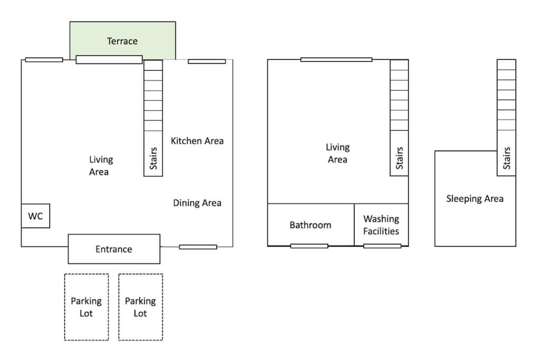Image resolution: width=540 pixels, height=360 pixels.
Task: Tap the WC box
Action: point(35,216)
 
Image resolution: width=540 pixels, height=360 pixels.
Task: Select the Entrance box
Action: point(114,249)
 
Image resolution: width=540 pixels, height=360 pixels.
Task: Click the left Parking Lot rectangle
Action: point(86,307)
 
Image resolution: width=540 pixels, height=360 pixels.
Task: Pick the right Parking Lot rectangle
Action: point(140,307)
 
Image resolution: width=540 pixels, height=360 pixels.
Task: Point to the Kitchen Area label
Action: point(197,141)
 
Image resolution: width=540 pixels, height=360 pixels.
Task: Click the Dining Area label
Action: point(197,203)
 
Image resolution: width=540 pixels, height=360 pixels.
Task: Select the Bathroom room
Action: point(311,225)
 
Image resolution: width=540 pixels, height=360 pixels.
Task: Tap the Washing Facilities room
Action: point(381,225)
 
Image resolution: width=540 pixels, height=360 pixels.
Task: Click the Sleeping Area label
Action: point(475,199)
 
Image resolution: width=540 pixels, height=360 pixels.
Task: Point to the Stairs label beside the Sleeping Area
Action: point(507,158)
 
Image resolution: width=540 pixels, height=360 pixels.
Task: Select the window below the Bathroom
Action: point(309,246)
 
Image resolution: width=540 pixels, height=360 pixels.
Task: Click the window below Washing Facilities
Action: point(382,246)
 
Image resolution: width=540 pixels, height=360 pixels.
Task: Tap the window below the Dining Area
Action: point(198,247)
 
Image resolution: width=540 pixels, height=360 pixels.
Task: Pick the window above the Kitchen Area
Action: point(207,61)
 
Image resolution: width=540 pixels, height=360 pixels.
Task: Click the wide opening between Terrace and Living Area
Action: point(109,60)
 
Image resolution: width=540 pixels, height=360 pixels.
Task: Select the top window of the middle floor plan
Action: point(336,60)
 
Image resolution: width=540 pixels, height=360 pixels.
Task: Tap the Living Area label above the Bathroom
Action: point(337,153)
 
